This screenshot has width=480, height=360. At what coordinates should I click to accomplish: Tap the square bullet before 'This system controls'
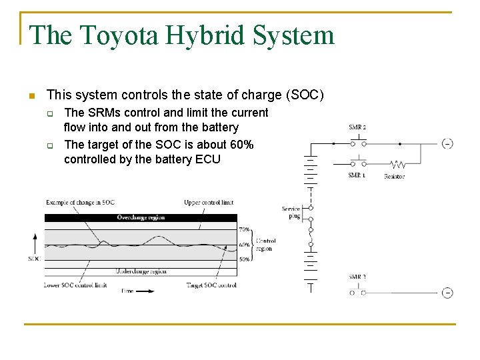(31, 95)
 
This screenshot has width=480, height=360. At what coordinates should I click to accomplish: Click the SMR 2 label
(357, 127)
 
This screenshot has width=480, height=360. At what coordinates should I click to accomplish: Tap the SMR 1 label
(357, 175)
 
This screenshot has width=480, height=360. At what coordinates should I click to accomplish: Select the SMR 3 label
(357, 277)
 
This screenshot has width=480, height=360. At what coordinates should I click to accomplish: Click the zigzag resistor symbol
(398, 163)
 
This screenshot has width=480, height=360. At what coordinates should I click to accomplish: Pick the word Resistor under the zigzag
(394, 177)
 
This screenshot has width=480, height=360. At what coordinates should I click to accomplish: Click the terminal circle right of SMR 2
(447, 143)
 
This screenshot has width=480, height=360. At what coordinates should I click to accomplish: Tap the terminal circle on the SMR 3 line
(447, 292)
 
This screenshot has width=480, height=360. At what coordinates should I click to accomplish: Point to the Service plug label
(291, 213)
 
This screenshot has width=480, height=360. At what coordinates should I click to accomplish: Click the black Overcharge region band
(141, 218)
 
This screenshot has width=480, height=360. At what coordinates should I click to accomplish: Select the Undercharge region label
(141, 271)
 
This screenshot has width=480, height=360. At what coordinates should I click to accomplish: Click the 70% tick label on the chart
(245, 229)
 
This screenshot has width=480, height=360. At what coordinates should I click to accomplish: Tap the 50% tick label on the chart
(245, 259)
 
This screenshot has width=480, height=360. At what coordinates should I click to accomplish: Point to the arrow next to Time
(146, 291)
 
